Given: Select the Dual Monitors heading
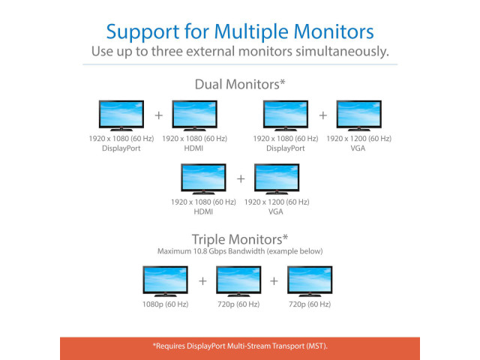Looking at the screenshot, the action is point(240,84).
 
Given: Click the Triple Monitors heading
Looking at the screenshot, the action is point(240,239).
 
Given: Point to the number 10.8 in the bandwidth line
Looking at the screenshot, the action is point(200,251).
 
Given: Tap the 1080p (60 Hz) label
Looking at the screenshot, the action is point(165,304).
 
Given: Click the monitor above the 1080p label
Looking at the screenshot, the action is point(165,281).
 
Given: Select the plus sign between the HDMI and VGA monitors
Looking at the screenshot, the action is point(241,178).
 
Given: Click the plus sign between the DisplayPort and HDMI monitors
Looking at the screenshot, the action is point(158,115).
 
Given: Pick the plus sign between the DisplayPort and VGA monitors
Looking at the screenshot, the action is point(323,115).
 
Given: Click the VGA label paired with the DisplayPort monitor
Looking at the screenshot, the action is point(358,148).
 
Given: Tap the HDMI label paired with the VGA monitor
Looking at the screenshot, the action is point(203,211).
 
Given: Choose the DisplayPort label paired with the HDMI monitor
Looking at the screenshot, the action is point(121,148).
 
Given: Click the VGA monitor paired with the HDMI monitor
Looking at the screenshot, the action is point(277,179).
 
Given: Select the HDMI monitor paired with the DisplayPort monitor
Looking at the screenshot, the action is point(195,115).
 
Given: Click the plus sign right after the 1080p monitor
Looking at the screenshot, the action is point(202,281).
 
